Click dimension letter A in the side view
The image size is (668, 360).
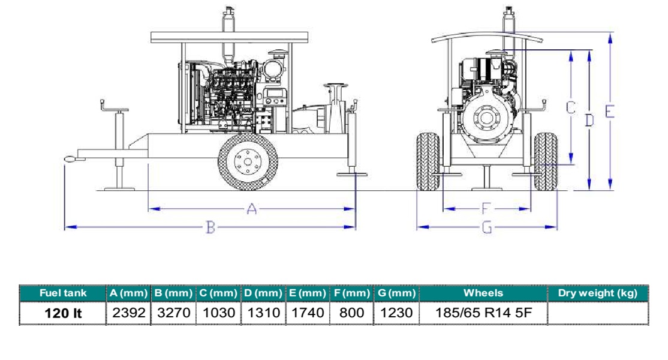click(x=252, y=209)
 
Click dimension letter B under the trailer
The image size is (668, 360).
click(x=210, y=227)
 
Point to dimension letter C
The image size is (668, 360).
click(x=571, y=108)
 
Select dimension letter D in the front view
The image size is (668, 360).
click(x=589, y=121)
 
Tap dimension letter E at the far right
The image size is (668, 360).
click(x=610, y=111)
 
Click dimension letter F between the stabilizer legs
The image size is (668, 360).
click(x=486, y=209)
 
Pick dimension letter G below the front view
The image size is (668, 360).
click(x=487, y=227)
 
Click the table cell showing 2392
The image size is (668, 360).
click(x=129, y=313)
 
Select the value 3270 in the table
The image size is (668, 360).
click(x=174, y=313)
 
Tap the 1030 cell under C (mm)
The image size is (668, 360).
click(x=218, y=313)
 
